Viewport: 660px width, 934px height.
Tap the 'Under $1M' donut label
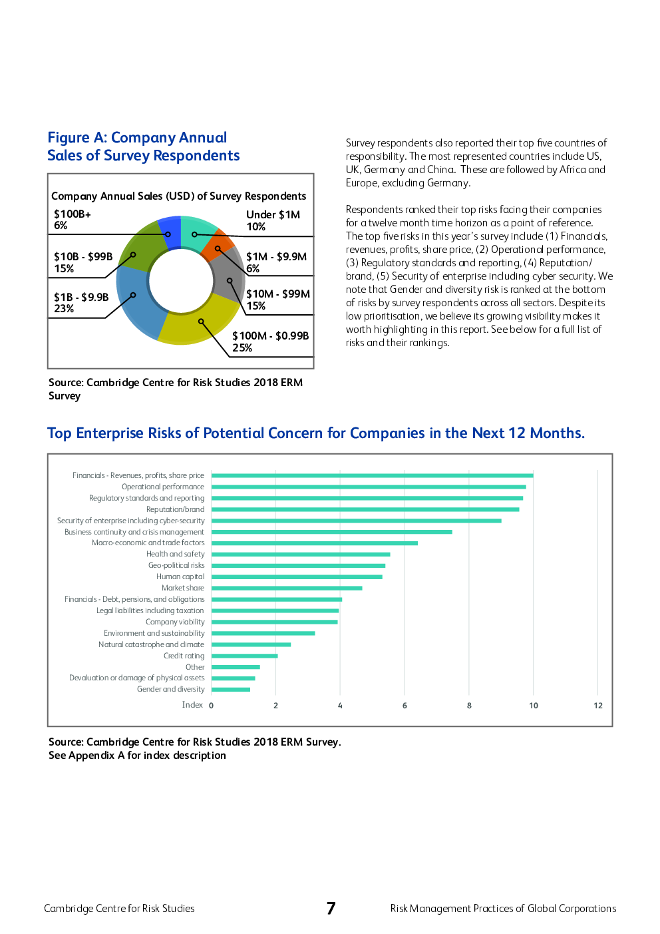(273, 215)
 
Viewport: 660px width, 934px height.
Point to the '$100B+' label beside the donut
(73, 214)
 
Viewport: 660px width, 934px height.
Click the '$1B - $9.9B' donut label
(81, 298)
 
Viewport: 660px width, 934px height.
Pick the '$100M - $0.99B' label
(270, 336)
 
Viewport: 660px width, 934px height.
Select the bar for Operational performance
(369, 487)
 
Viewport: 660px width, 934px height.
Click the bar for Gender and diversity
(231, 690)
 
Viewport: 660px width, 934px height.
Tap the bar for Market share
(287, 588)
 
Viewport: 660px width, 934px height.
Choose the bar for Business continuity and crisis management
(331, 532)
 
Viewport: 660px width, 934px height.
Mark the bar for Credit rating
(244, 656)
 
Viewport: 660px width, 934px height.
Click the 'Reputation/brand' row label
(175, 510)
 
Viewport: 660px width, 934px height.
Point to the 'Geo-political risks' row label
(176, 566)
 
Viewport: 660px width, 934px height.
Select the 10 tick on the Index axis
(534, 706)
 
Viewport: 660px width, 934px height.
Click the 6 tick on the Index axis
(405, 706)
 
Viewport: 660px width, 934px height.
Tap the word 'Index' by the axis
(192, 705)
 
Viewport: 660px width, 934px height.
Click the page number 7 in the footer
(331, 909)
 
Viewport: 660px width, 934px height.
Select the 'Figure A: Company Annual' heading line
(137, 138)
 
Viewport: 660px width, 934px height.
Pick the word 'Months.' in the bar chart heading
(557, 433)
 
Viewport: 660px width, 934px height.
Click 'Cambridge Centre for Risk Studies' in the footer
(119, 909)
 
